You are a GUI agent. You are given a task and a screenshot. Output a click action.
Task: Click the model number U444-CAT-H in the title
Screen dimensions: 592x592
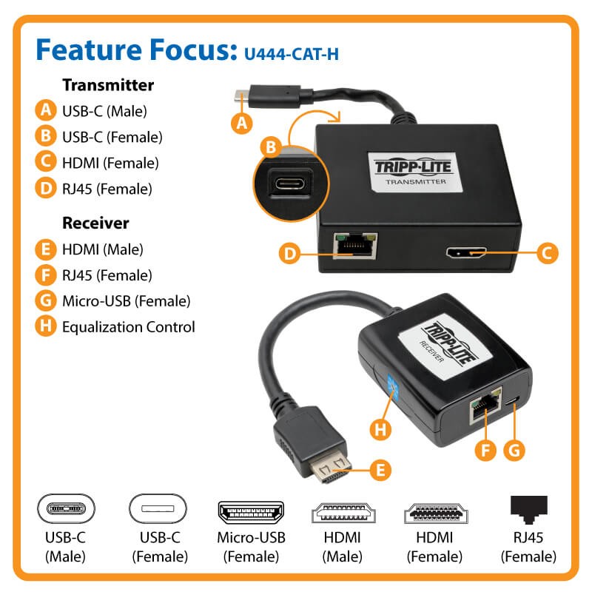(x=292, y=54)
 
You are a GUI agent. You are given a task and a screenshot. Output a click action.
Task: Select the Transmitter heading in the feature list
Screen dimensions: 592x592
(x=108, y=85)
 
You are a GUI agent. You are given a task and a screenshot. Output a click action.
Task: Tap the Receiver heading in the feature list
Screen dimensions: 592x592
(x=95, y=223)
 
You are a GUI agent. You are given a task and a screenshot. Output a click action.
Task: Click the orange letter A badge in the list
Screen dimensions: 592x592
(x=46, y=110)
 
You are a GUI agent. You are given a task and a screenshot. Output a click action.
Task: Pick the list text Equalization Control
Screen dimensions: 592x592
(x=128, y=327)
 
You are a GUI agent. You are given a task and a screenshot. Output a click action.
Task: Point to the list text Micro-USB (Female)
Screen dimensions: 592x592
(x=126, y=301)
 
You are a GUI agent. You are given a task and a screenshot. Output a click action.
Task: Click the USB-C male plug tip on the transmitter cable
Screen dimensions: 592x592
(x=242, y=96)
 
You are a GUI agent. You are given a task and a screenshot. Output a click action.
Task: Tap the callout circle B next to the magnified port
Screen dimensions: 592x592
(x=271, y=147)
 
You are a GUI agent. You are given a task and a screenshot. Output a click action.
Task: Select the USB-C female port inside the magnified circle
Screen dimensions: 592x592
(x=289, y=184)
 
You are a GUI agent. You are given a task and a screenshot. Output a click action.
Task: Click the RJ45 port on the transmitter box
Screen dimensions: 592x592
(x=355, y=246)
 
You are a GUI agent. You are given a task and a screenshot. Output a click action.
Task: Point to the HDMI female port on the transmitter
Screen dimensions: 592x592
(x=466, y=252)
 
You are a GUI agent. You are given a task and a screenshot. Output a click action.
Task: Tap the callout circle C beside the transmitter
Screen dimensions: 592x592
(x=547, y=253)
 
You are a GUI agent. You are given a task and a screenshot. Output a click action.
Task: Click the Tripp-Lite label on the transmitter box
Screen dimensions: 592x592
(x=414, y=172)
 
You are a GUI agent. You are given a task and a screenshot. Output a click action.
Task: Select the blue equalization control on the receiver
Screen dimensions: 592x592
(x=393, y=389)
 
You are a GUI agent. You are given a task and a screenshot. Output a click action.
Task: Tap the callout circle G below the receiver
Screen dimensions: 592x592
(x=514, y=451)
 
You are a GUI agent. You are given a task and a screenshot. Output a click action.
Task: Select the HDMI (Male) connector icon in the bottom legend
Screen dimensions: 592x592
(x=343, y=513)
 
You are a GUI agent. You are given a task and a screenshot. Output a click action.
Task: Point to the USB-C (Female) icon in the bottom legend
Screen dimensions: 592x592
(x=158, y=508)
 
